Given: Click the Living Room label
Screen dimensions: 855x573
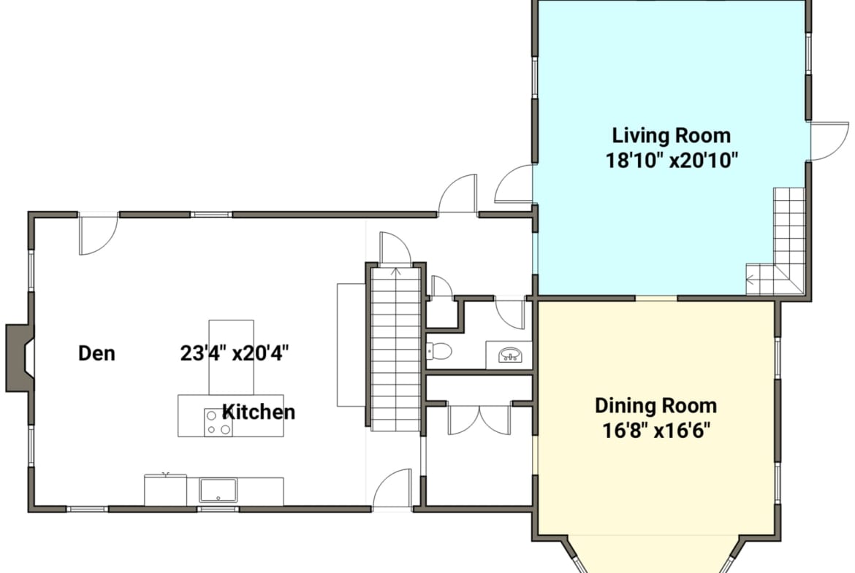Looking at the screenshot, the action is [672, 135].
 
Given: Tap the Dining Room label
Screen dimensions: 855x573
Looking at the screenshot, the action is [656, 406].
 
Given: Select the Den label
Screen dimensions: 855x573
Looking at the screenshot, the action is [96, 353].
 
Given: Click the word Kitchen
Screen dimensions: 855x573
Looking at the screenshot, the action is [259, 412].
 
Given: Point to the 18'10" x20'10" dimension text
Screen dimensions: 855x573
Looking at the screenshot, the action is [672, 161].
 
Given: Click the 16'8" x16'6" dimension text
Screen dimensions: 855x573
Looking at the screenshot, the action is [656, 431].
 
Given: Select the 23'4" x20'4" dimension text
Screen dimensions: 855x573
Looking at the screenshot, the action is [235, 353].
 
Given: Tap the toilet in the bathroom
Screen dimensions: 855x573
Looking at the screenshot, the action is [439, 351].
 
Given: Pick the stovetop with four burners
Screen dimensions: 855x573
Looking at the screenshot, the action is [218, 422].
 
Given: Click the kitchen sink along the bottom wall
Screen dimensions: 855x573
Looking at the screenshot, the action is [218, 491].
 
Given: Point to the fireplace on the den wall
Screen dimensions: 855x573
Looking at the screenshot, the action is [20, 358].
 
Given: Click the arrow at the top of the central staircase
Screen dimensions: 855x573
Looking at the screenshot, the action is [396, 272].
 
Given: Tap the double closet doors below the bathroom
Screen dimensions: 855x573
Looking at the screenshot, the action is [479, 420].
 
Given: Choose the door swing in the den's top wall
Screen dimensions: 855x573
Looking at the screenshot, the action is [98, 236].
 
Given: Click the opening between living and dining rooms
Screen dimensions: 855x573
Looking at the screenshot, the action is [656, 298].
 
